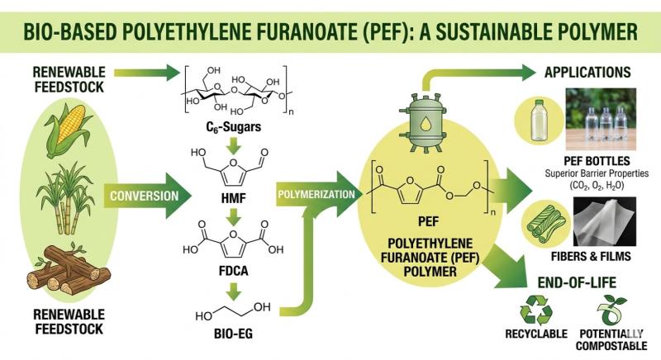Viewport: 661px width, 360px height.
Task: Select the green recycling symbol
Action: pos(535,310)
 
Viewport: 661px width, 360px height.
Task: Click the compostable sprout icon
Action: pos(611,310)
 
